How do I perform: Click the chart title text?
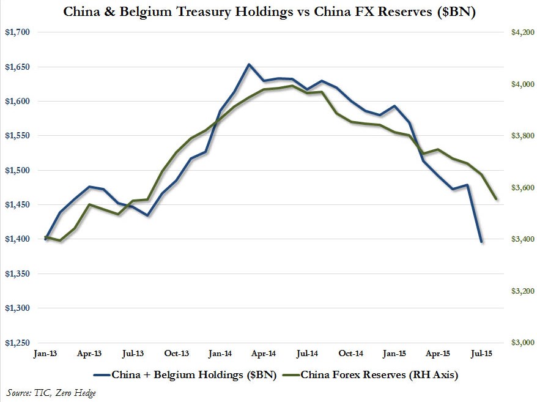269,12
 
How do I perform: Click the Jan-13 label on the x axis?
46,353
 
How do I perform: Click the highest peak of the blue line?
249,64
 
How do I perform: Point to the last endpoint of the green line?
495,198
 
